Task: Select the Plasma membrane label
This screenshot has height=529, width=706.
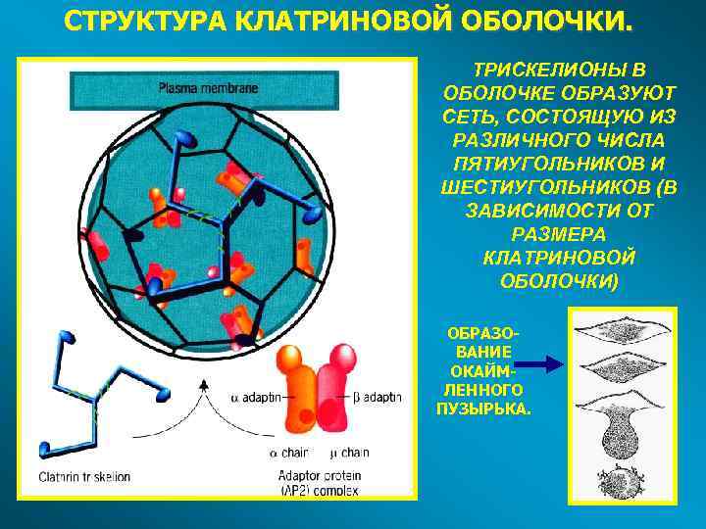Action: tap(208, 87)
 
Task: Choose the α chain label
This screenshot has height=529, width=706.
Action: tap(290, 453)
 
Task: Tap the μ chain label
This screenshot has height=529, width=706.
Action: tap(348, 453)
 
